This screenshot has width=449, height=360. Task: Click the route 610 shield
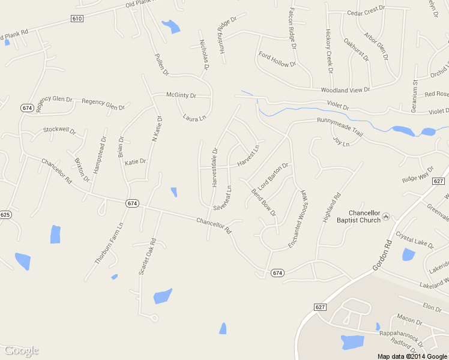tap(76, 19)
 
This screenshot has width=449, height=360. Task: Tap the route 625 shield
tap(5, 214)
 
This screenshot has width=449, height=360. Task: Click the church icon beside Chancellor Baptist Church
tap(386, 216)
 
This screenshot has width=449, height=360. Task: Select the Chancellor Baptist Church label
tap(365, 217)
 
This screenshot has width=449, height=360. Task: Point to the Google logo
tap(21, 350)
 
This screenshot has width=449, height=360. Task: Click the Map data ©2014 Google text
tap(412, 356)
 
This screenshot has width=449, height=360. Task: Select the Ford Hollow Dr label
tap(277, 59)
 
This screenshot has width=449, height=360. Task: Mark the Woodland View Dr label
tap(345, 90)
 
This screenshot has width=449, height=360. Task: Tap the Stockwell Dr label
tap(59, 130)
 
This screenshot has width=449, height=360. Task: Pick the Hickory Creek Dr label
tap(329, 50)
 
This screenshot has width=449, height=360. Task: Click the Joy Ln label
tap(341, 142)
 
